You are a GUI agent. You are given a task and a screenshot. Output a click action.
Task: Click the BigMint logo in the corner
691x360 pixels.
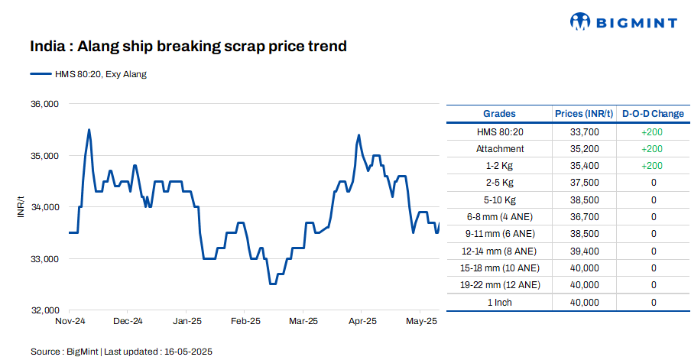pyautogui.click(x=623, y=22)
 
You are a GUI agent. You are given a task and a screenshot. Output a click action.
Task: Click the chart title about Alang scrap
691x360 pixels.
pyautogui.click(x=188, y=47)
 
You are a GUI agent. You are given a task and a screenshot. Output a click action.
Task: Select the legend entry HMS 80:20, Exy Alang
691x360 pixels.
pyautogui.click(x=88, y=74)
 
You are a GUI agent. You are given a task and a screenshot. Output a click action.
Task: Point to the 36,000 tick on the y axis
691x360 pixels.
pyautogui.click(x=44, y=104)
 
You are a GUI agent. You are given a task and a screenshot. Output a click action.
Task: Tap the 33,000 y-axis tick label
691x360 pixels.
pyautogui.click(x=44, y=259)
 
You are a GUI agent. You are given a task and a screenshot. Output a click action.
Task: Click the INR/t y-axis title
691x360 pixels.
pyautogui.click(x=21, y=207)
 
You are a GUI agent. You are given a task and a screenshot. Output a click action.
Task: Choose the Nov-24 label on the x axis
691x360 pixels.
pyautogui.click(x=70, y=321)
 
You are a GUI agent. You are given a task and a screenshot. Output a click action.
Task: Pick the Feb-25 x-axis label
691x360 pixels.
pyautogui.click(x=245, y=321)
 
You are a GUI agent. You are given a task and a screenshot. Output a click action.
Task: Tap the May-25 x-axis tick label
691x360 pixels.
pyautogui.click(x=421, y=321)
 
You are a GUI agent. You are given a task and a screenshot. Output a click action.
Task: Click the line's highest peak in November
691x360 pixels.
pyautogui.click(x=89, y=130)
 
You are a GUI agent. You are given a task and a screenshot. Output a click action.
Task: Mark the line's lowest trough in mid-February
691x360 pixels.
pyautogui.click(x=272, y=284)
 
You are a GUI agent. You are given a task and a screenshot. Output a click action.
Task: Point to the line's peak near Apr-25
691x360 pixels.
pyautogui.click(x=358, y=135)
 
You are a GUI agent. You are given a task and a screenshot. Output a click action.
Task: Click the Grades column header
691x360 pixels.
pyautogui.click(x=499, y=114)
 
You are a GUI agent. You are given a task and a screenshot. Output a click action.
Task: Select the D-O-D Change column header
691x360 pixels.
pyautogui.click(x=653, y=114)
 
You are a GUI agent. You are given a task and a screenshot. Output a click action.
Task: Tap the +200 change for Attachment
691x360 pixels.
pyautogui.click(x=653, y=149)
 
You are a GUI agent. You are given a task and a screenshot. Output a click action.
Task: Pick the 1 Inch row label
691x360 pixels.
pyautogui.click(x=499, y=303)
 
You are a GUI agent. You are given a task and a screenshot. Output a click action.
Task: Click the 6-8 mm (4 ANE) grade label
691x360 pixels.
pyautogui.click(x=499, y=217)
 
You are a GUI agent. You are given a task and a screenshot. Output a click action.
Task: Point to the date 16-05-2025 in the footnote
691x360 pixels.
pyautogui.click(x=187, y=352)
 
